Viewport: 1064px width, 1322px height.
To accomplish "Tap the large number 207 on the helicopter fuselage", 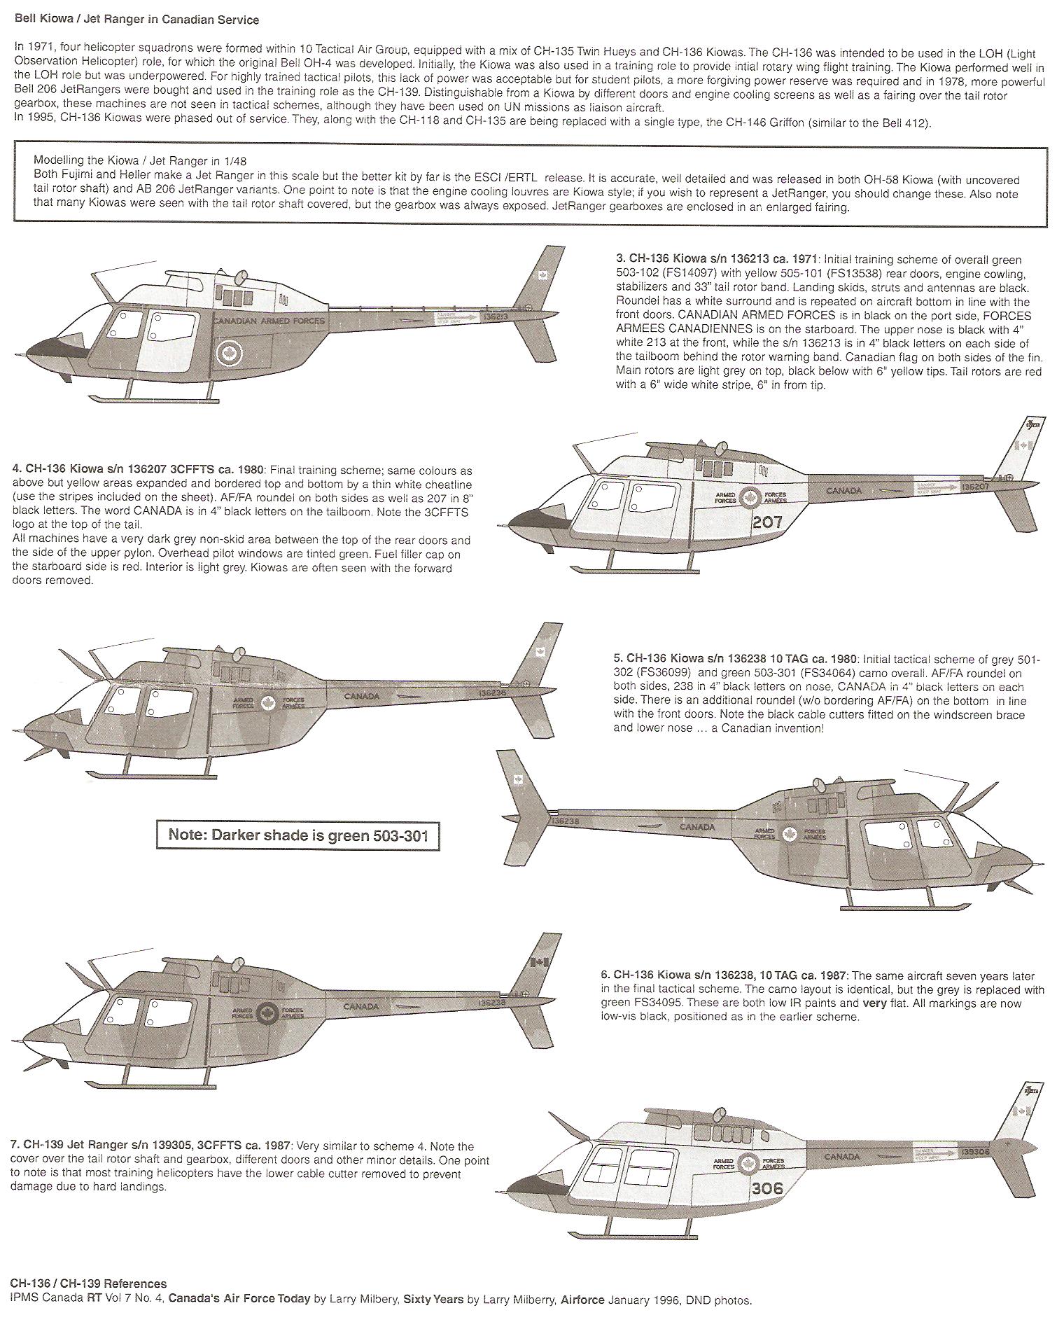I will (x=768, y=522).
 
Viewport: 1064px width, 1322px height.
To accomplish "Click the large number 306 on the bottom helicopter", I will (x=767, y=1188).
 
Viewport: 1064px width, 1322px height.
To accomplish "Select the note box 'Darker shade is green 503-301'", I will (x=297, y=835).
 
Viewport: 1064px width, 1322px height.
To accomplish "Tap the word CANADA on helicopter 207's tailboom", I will (x=844, y=491).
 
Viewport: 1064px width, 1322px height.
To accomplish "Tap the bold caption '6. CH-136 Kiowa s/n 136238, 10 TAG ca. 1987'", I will (x=723, y=975).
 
